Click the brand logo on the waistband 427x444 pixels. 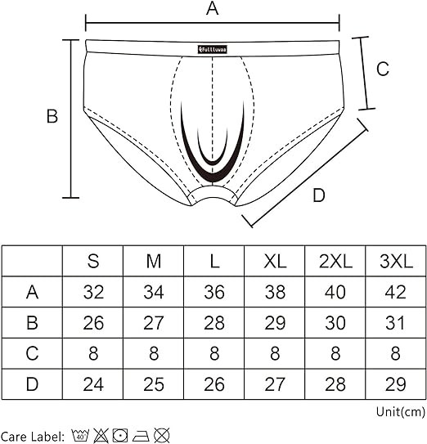(x=213, y=50)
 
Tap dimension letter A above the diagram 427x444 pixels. (x=212, y=8)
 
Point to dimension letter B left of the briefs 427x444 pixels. (x=52, y=116)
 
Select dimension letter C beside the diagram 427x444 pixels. (x=383, y=69)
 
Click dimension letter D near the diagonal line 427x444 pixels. (x=319, y=195)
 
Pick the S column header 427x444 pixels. (x=93, y=261)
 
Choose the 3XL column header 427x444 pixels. (x=396, y=261)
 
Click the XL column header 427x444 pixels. (x=275, y=261)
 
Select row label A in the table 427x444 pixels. (x=32, y=292)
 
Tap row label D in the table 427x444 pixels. (x=32, y=384)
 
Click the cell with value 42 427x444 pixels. (x=396, y=292)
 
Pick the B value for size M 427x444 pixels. (x=154, y=323)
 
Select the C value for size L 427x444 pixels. (x=214, y=353)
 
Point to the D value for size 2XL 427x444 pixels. (x=335, y=384)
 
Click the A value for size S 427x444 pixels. (x=93, y=292)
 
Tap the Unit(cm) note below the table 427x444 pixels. (x=401, y=412)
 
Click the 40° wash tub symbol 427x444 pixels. (x=81, y=435)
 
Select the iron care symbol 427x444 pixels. (x=141, y=436)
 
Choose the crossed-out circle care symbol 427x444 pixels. (x=162, y=435)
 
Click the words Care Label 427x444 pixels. (x=32, y=437)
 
